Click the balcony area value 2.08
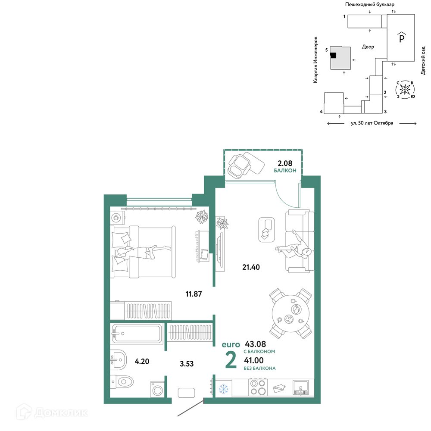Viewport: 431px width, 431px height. pos(285,163)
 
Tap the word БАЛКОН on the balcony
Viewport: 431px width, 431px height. pos(285,170)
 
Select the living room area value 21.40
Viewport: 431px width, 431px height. pos(251,267)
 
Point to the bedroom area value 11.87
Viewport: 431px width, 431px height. pos(194,294)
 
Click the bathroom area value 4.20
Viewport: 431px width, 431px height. pos(142,361)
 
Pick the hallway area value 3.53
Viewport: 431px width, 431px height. pos(187,364)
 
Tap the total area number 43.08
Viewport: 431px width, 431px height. pos(255,344)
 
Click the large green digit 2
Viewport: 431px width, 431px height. pos(231,360)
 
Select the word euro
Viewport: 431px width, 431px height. pos(231,344)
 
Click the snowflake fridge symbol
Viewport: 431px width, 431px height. pos(223,389)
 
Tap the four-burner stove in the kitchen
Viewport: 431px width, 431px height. pos(258,387)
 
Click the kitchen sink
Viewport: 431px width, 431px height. pos(301,387)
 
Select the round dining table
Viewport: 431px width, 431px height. pos(291,313)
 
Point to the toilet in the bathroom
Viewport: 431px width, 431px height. pos(122,382)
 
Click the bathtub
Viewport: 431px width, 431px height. pos(137,334)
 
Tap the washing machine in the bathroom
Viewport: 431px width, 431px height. pos(157,389)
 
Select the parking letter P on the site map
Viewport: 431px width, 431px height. pos(402,37)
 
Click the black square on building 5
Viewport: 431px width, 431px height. pos(333,55)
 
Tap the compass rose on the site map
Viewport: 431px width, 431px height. pos(405,89)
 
